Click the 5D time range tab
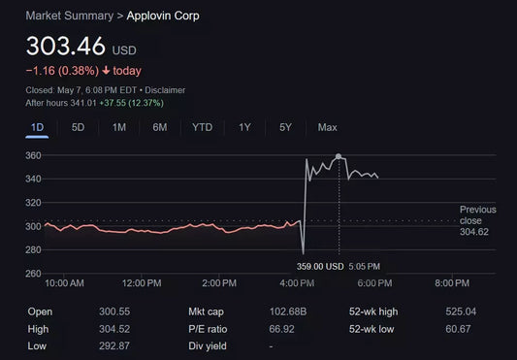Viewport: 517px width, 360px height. click(x=79, y=127)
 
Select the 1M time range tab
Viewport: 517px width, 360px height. click(x=119, y=127)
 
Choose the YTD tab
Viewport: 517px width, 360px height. click(x=202, y=127)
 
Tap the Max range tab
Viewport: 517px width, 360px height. click(x=327, y=127)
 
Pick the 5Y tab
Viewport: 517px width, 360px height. click(x=285, y=127)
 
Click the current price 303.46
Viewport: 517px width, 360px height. click(x=65, y=46)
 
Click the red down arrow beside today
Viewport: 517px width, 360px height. click(x=106, y=71)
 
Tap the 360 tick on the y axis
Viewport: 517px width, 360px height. click(x=34, y=156)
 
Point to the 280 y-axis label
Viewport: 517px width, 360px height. click(x=34, y=250)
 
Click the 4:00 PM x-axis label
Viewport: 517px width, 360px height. click(x=297, y=282)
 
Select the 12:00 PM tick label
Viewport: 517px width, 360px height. click(x=142, y=282)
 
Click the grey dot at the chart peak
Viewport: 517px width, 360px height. click(x=339, y=156)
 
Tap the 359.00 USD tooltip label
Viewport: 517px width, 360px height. click(x=322, y=266)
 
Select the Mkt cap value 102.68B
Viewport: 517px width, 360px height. click(x=287, y=311)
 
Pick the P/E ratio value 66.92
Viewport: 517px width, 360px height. click(x=281, y=328)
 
